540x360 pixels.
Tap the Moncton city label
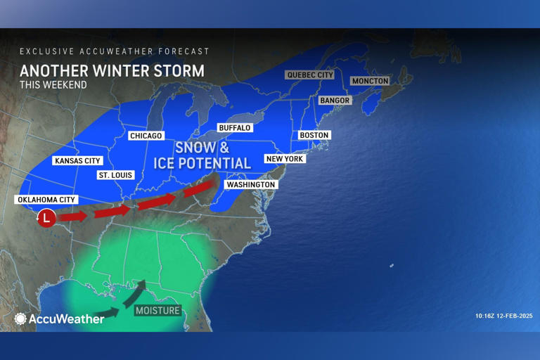(x=370, y=81)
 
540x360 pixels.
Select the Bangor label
(x=334, y=101)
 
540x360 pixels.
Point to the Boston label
(x=314, y=135)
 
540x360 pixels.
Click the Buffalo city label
(x=235, y=128)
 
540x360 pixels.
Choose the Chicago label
(x=146, y=136)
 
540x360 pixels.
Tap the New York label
(x=283, y=159)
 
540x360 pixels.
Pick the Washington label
(x=251, y=184)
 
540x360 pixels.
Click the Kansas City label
(x=77, y=160)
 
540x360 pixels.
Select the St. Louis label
(x=115, y=175)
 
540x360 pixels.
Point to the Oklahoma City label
(x=46, y=200)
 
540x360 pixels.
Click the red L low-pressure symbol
(x=46, y=218)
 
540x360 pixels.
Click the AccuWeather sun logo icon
(x=20, y=319)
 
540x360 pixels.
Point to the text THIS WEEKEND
(x=53, y=85)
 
